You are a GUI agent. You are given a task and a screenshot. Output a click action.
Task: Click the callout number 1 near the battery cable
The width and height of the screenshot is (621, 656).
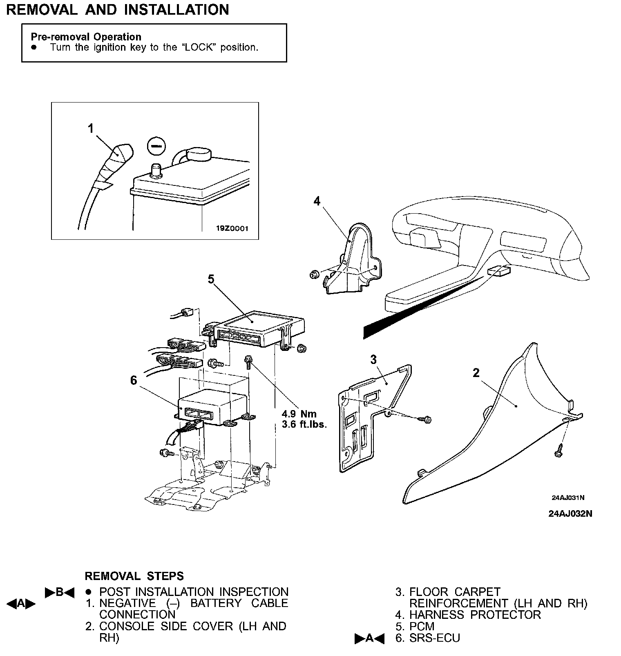pos(91,129)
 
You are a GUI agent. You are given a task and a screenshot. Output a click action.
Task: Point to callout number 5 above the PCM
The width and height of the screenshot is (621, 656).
pos(211,279)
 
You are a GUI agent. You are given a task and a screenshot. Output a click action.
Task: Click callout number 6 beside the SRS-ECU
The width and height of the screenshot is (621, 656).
pos(134,380)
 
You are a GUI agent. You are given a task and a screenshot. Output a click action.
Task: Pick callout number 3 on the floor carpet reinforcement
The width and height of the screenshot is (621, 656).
pos(373,359)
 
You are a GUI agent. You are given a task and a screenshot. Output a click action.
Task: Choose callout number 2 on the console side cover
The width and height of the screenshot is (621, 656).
pos(476,373)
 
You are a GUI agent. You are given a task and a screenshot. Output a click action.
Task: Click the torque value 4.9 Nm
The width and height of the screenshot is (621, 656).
pos(299,414)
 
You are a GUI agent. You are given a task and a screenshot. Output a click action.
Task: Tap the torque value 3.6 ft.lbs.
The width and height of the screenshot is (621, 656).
pos(304,424)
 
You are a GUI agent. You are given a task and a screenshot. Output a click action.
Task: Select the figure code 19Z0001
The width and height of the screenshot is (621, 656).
pos(232,229)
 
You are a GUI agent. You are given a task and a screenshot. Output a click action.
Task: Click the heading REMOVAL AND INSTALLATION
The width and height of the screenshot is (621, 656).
pos(118,10)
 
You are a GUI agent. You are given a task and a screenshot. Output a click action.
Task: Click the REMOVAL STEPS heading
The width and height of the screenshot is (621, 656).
pos(134,576)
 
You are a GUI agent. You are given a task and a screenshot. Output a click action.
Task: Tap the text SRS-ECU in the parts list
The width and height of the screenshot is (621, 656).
pos(435,638)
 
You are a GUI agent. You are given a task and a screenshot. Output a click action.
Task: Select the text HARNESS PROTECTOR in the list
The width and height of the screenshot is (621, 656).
pos(475,615)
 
